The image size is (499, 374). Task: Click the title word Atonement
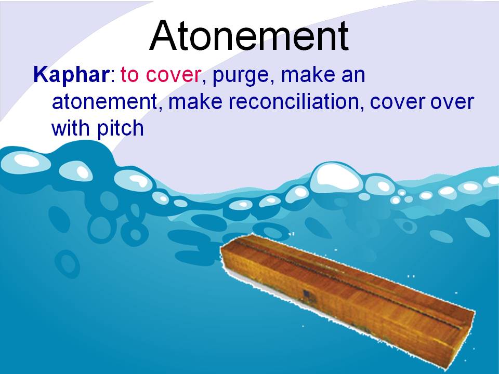(249, 36)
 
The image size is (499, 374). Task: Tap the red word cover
(173, 75)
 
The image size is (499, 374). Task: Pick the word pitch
(121, 129)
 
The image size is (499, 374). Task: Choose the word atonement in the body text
(104, 102)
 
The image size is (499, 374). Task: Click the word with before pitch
(72, 128)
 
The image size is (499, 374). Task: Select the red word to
(130, 75)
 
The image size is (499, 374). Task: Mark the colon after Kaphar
(113, 77)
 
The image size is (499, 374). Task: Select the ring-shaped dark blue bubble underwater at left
(68, 263)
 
